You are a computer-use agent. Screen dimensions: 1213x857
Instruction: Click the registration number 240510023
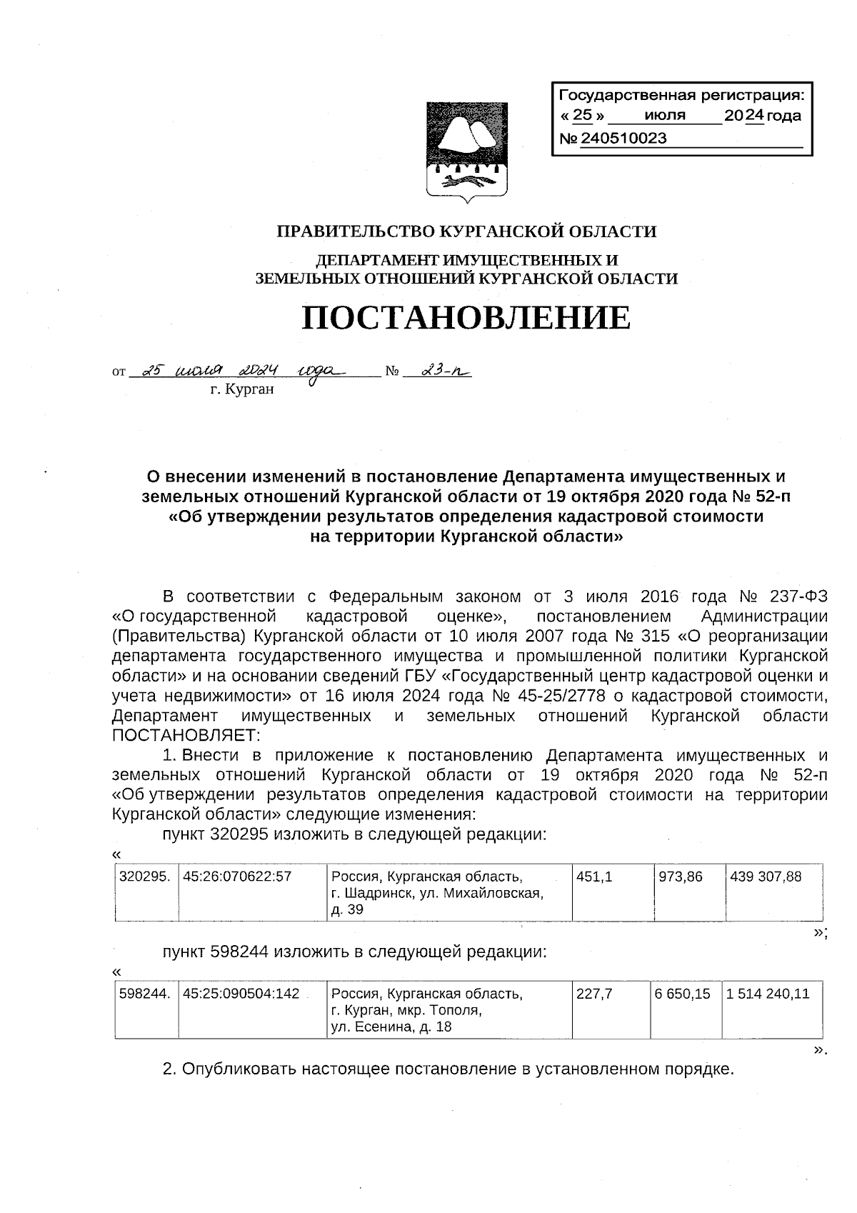623,139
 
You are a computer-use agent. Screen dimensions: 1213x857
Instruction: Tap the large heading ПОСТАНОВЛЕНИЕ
466,316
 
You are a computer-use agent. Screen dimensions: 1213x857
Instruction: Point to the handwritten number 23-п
441,371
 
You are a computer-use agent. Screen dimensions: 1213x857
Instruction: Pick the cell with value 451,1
594,876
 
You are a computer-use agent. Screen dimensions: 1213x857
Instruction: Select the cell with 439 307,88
766,876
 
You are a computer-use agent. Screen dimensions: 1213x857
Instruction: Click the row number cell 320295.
145,876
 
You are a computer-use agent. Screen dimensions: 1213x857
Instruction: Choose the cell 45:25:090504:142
241,994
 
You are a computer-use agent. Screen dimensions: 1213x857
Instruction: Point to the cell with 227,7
594,994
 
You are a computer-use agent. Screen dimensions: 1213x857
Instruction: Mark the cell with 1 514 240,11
768,994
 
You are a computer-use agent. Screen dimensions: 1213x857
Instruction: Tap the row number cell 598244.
145,994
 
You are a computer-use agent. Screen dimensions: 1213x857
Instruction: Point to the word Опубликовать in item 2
239,1069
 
